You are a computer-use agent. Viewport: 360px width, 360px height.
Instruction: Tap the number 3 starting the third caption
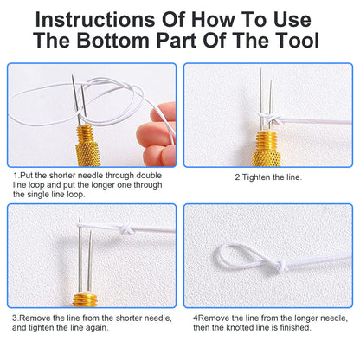point(14,317)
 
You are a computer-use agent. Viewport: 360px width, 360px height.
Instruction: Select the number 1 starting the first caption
point(14,177)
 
